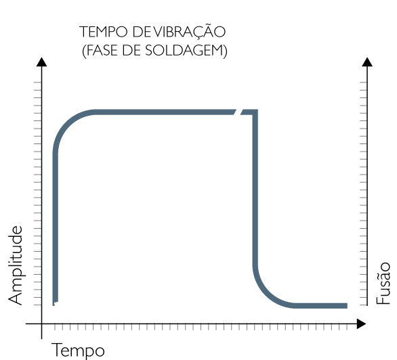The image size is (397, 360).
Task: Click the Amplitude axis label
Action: click(x=16, y=265)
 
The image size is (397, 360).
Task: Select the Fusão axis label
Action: click(x=383, y=283)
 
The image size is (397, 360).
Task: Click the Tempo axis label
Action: click(x=78, y=351)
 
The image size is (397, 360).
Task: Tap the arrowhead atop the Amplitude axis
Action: click(x=41, y=62)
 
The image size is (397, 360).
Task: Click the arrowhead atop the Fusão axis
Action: click(x=367, y=62)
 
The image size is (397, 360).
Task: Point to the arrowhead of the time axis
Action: click(x=361, y=324)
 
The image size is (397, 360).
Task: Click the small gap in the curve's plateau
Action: click(x=238, y=112)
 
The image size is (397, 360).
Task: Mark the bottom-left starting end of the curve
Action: click(x=55, y=303)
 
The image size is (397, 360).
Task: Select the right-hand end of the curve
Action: click(x=346, y=306)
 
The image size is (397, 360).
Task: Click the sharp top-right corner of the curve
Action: click(x=255, y=112)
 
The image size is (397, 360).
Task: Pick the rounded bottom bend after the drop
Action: click(x=266, y=293)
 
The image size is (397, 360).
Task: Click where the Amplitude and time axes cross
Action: click(x=42, y=324)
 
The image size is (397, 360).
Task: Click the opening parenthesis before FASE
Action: click(x=84, y=51)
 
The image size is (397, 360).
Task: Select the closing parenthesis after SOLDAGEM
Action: click(x=225, y=51)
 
